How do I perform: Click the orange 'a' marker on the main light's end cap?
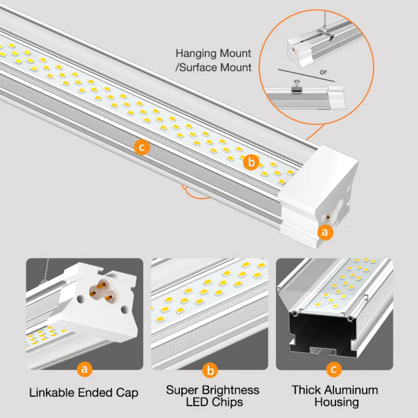[325, 232]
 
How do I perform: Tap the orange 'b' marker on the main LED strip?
[251, 162]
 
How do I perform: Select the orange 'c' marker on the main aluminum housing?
[142, 147]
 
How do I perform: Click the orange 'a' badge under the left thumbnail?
[85, 369]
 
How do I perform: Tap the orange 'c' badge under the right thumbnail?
[334, 369]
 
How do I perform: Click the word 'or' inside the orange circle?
[323, 72]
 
